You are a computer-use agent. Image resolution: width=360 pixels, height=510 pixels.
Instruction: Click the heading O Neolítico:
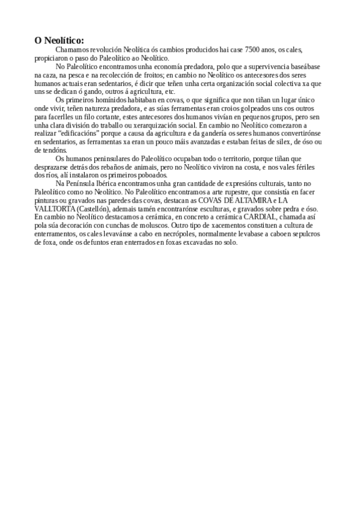(59, 40)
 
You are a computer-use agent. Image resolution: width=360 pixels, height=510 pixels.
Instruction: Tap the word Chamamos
(70, 49)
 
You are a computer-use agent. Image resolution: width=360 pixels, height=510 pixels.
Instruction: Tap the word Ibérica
(114, 182)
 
